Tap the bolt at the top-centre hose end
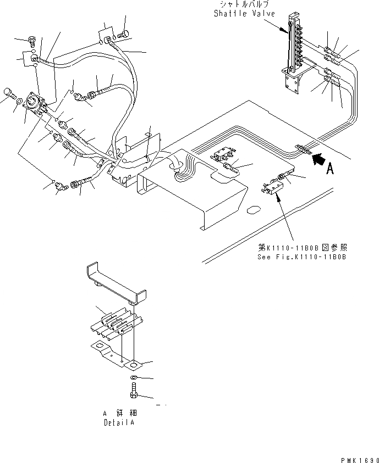coord(122,34)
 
